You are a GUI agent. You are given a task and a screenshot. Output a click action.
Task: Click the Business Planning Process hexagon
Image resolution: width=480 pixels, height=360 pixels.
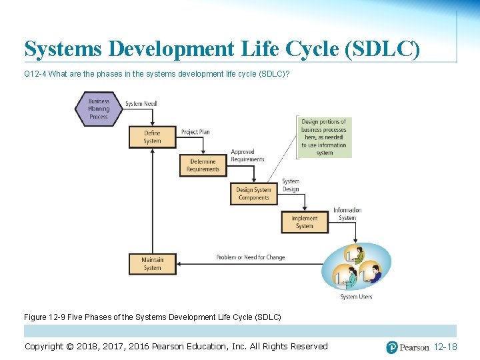pyautogui.click(x=98, y=109)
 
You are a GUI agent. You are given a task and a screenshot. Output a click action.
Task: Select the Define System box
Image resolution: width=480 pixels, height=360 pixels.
pyautogui.click(x=153, y=137)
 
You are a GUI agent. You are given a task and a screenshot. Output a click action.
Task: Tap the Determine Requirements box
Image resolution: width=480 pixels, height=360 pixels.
pyautogui.click(x=203, y=165)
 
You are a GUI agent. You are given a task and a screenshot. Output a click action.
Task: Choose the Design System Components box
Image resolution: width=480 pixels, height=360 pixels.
pyautogui.click(x=253, y=193)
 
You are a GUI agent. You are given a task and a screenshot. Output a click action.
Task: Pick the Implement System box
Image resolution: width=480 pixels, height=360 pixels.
pyautogui.click(x=305, y=222)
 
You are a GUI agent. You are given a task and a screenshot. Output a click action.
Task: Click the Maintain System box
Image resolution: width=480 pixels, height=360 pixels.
pyautogui.click(x=153, y=264)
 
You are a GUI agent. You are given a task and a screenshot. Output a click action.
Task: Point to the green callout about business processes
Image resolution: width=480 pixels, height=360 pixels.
pyautogui.click(x=324, y=137)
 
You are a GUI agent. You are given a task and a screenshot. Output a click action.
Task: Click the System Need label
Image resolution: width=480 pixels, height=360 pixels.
pyautogui.click(x=141, y=104)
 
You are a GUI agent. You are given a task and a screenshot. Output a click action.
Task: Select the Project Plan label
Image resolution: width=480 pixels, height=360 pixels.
pyautogui.click(x=195, y=132)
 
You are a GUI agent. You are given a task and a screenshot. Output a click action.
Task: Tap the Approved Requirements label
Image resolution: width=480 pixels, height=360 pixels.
pyautogui.click(x=247, y=156)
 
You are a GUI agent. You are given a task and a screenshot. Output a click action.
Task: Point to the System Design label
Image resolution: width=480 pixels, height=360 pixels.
pyautogui.click(x=291, y=185)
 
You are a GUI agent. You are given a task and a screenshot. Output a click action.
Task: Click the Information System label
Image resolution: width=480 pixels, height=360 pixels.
pyautogui.click(x=347, y=214)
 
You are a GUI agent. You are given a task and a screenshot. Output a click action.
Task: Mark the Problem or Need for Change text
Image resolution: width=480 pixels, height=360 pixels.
pyautogui.click(x=250, y=257)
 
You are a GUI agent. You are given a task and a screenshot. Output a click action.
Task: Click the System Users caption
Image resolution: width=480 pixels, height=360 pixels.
pyautogui.click(x=356, y=297)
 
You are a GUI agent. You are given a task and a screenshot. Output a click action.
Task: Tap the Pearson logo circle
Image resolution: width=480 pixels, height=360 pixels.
pyautogui.click(x=392, y=347)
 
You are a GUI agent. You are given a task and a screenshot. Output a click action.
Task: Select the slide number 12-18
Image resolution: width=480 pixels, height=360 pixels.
pyautogui.click(x=445, y=347)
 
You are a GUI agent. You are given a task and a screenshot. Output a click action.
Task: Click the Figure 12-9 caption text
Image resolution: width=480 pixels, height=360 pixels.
pyautogui.click(x=153, y=316)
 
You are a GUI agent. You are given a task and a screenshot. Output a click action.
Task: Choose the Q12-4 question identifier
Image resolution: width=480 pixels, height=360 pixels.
pyautogui.click(x=35, y=74)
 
